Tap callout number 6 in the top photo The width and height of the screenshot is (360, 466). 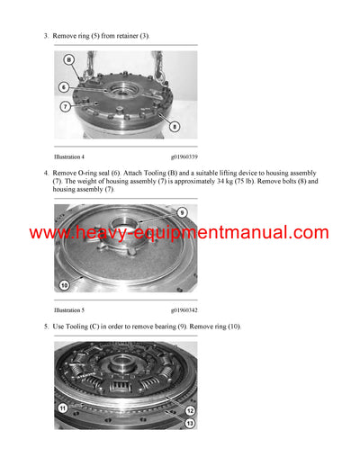(x=64, y=87)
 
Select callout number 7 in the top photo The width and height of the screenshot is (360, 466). (x=66, y=106)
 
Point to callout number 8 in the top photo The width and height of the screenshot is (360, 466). (x=174, y=127)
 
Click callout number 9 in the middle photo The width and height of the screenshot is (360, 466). (x=181, y=212)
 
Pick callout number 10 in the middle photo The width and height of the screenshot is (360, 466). (x=63, y=286)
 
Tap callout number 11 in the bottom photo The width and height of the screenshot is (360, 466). (x=63, y=408)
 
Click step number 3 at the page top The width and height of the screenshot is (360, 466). (x=45, y=35)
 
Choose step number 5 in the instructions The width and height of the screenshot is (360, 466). (x=45, y=326)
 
